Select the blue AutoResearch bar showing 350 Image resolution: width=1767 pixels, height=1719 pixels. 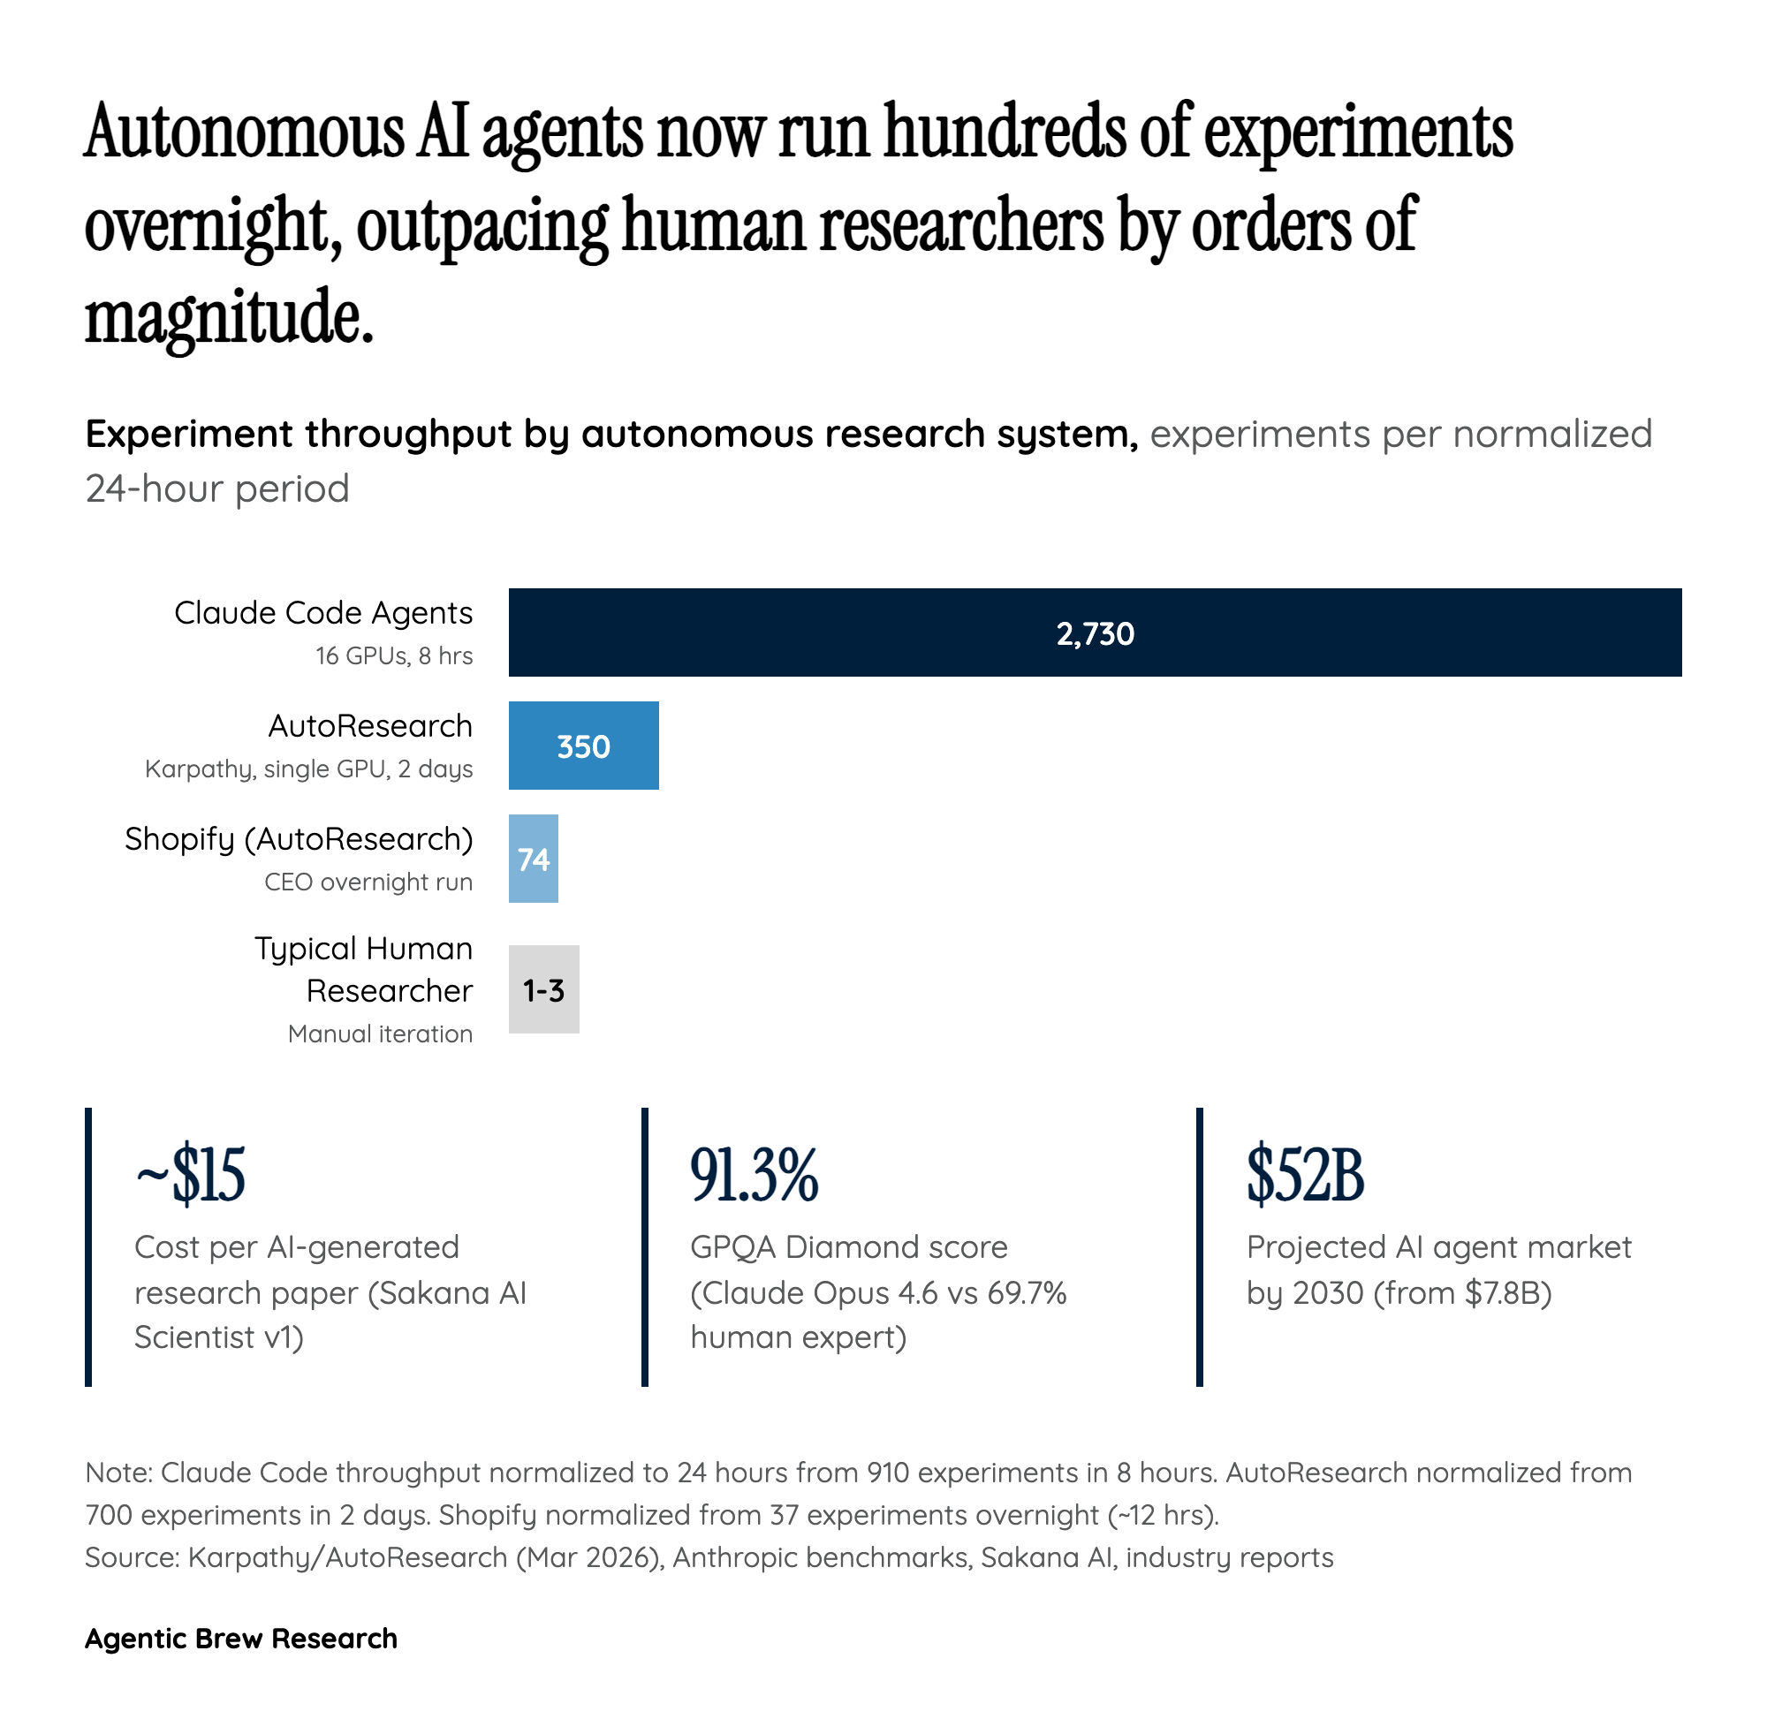(583, 746)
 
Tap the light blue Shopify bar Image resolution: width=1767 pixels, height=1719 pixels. (534, 859)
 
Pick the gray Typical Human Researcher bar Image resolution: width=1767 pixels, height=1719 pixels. (543, 989)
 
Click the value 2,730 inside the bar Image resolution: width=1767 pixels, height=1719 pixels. (1095, 633)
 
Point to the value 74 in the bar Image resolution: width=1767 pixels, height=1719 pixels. (534, 859)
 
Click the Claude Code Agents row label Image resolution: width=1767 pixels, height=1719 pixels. (323, 613)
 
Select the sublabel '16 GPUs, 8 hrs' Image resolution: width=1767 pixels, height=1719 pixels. (394, 655)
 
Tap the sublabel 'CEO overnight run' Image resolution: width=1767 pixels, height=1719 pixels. (368, 882)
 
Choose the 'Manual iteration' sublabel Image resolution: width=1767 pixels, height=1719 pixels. (380, 1033)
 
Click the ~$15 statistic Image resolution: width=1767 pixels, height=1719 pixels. (191, 1175)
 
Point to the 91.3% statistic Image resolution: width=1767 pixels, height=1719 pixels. (754, 1175)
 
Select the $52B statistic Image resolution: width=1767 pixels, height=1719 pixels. (1305, 1175)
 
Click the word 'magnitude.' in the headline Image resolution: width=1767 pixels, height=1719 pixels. (229, 318)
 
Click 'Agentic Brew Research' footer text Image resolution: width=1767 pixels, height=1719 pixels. (241, 1638)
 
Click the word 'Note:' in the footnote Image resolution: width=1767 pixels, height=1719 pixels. (120, 1473)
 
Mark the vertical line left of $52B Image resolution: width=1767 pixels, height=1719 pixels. (1199, 1246)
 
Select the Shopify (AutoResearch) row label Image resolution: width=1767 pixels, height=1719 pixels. (299, 838)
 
